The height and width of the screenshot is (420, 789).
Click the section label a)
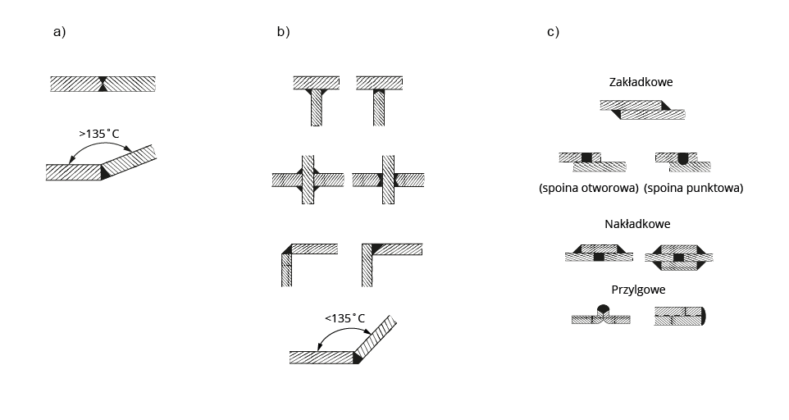[58, 33]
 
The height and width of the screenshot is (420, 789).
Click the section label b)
[283, 33]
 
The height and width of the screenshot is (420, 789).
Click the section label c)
[553, 33]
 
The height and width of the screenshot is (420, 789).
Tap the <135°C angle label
[344, 318]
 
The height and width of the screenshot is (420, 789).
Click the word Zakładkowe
[641, 83]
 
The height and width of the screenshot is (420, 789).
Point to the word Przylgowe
[637, 290]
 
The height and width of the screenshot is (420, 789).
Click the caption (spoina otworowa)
[589, 188]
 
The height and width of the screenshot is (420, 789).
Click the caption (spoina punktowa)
[694, 188]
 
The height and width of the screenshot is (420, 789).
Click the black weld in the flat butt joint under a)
[103, 83]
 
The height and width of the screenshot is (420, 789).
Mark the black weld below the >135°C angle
[104, 172]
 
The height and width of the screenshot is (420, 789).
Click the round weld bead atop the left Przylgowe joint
[604, 309]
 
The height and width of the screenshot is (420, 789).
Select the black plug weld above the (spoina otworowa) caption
[586, 157]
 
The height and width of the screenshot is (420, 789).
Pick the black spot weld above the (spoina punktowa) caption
[682, 158]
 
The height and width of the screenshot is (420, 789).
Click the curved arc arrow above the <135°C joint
[344, 331]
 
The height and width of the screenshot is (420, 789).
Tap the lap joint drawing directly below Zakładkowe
[642, 109]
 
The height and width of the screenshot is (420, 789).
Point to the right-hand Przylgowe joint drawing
[680, 317]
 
